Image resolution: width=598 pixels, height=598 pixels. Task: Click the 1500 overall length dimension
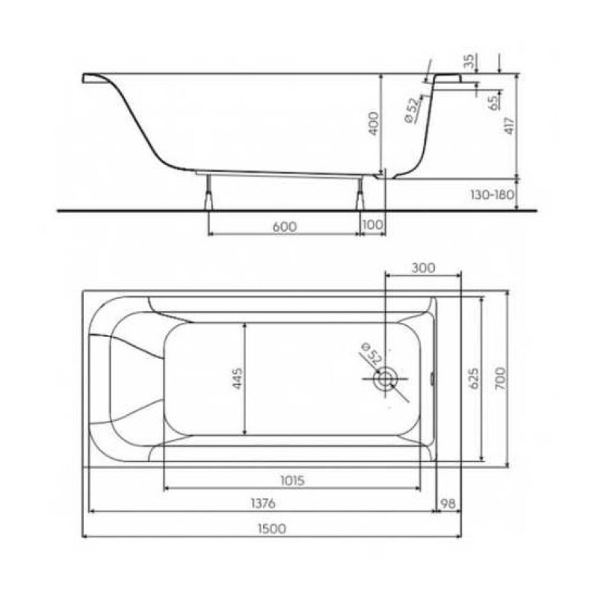coord(271,529)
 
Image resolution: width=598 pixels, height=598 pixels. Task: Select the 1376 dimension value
coord(263,503)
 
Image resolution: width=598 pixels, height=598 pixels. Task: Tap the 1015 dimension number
coord(292,481)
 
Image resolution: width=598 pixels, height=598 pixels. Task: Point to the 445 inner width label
coord(237,378)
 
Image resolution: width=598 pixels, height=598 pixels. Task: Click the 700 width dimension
coord(500,378)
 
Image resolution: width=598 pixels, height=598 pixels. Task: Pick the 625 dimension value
coord(473,378)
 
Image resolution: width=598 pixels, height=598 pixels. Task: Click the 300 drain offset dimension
coord(423,268)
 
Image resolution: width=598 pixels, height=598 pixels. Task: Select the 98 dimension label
coord(448,503)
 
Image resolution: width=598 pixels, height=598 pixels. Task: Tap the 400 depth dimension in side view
coord(374,123)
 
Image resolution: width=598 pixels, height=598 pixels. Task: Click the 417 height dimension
coord(510,126)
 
